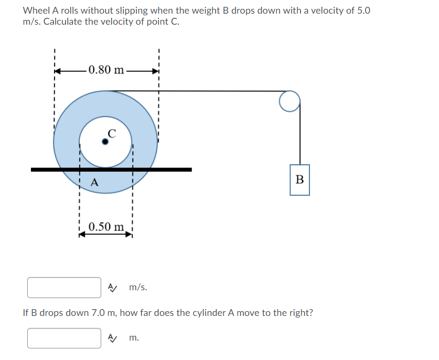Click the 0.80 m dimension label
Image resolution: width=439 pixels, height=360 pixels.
pos(106,70)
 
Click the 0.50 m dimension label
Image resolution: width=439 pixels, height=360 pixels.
pos(106,227)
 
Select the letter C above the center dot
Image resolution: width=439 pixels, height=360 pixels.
pos(111,133)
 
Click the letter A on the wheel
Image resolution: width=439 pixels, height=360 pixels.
pos(94,183)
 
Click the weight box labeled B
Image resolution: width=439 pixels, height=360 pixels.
pos(299,179)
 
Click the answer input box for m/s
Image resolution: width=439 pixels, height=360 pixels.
pos(65,288)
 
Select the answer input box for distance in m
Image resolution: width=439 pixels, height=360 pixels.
pos(65,338)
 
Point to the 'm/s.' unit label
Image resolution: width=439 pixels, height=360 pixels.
pos(138,288)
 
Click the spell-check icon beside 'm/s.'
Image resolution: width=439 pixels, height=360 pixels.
pos(112,287)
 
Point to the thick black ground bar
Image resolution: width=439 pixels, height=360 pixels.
pos(111,170)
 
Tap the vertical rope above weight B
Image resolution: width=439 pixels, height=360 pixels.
pos(300,136)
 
